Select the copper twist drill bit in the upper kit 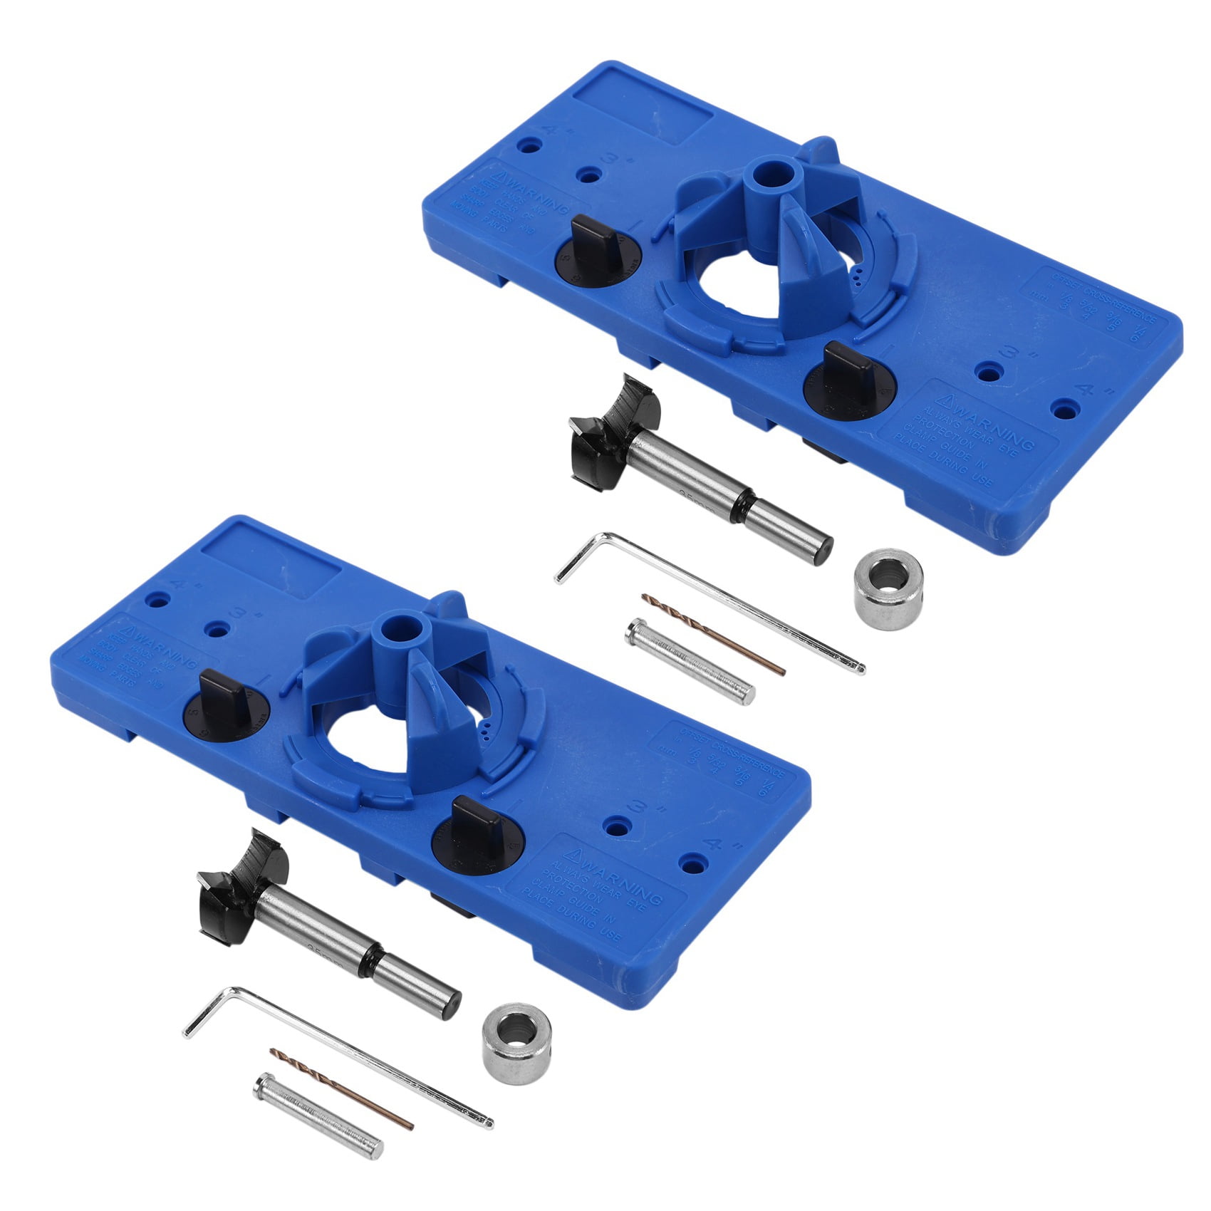[x=712, y=634]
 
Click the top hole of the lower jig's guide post [x=400, y=629]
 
